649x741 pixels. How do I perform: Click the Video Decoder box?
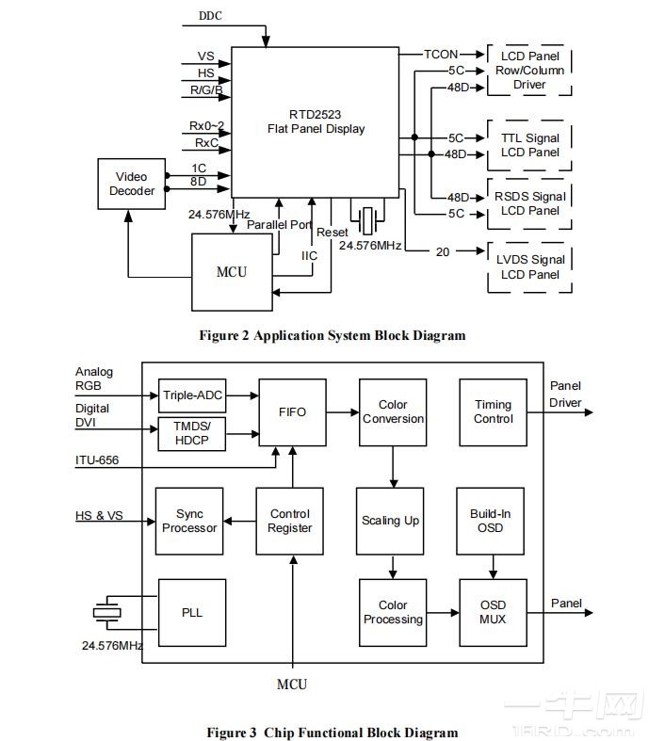(x=132, y=184)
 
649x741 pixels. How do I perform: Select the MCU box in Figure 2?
(x=232, y=272)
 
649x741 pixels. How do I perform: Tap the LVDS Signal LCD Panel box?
(x=530, y=266)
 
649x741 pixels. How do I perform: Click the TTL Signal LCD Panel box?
(x=530, y=145)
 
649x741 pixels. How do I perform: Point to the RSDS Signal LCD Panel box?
(x=530, y=203)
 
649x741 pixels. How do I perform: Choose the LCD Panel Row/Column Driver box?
(x=530, y=71)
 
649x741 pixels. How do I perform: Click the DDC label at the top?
(x=210, y=16)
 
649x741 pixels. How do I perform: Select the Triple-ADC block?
(x=192, y=395)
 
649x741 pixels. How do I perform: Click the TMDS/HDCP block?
(x=192, y=432)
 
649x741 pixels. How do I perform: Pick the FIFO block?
(x=292, y=412)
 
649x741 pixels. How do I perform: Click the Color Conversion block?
(x=393, y=412)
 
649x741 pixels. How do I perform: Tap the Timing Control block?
(x=493, y=412)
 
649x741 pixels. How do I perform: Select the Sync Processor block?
(x=189, y=521)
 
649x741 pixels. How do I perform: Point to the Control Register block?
(x=290, y=521)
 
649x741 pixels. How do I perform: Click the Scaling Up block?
(x=391, y=521)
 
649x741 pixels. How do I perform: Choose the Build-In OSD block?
(x=491, y=521)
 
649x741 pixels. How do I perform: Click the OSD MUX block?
(x=493, y=612)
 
